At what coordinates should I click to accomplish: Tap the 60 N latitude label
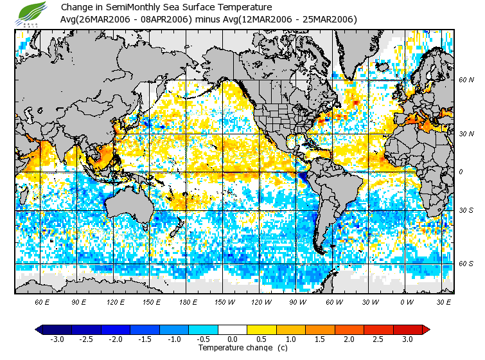[x=466, y=80]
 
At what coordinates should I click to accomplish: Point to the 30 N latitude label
[x=466, y=133]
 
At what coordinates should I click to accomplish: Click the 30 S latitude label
[x=466, y=210]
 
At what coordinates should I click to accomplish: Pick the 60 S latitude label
[x=466, y=263]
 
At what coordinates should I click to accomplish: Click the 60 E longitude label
[x=43, y=301]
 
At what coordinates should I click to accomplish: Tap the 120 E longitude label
[x=116, y=301]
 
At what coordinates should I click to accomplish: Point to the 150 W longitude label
[x=224, y=301]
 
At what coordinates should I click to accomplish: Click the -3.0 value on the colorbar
[x=57, y=339]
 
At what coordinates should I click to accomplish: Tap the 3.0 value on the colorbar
[x=407, y=339]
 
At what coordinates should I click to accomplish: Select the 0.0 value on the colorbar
[x=233, y=339]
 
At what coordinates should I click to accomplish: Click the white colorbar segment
[x=233, y=329]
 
